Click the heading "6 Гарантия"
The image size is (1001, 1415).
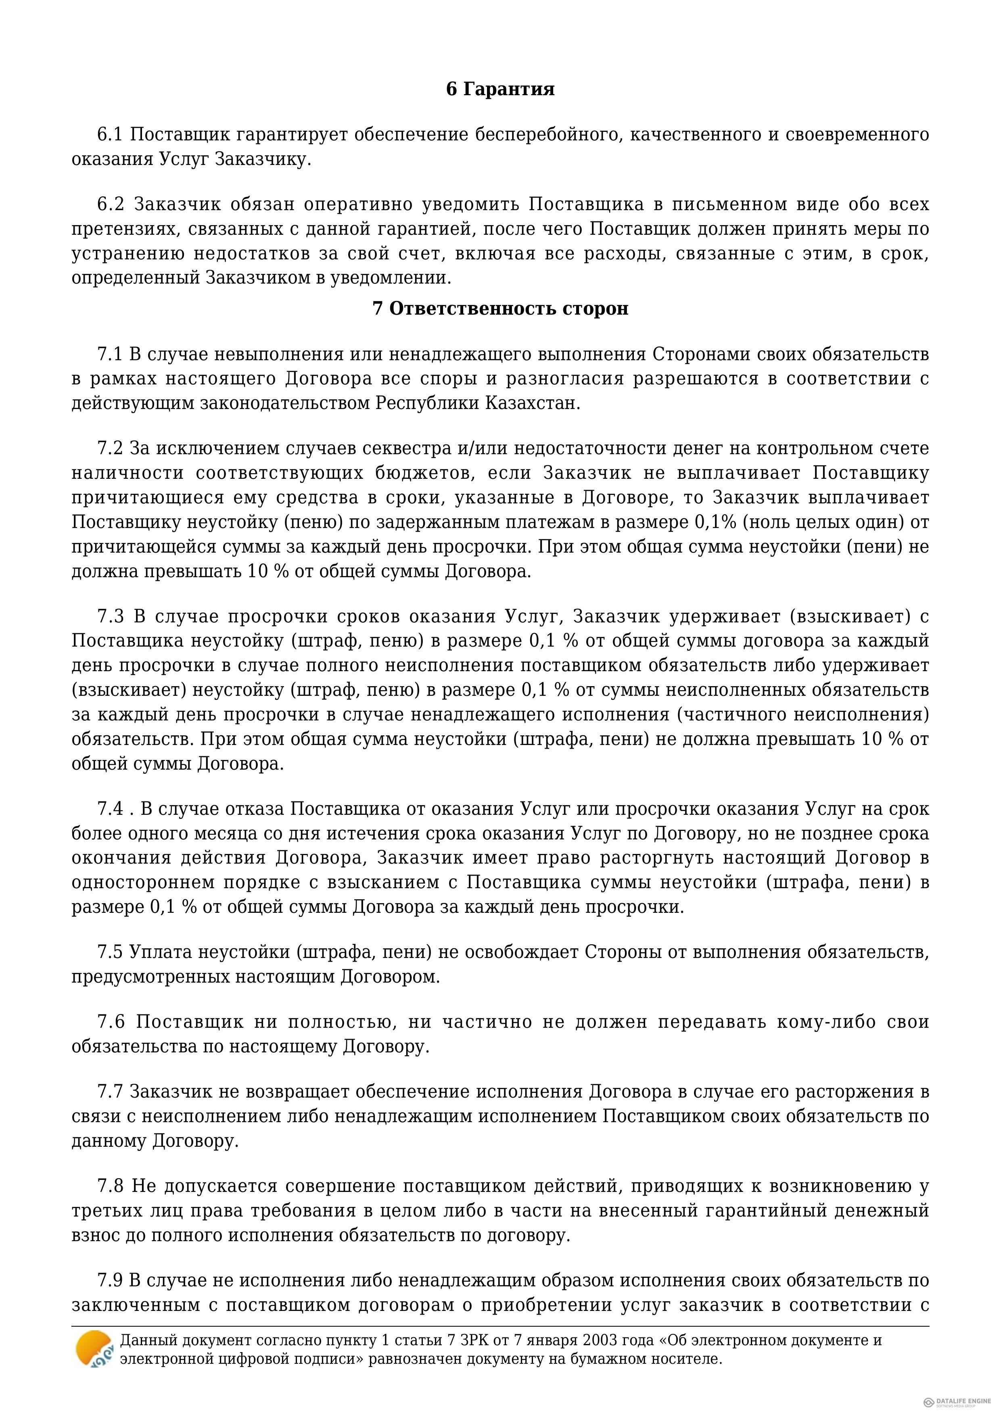pyautogui.click(x=500, y=90)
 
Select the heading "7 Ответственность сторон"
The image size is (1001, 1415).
pyautogui.click(x=500, y=308)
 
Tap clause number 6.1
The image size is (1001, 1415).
pyautogui.click(x=110, y=134)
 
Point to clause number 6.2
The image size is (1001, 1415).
pyautogui.click(x=111, y=204)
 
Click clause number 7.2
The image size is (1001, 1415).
pyautogui.click(x=110, y=448)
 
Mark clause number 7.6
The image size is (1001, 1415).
pyautogui.click(x=111, y=1022)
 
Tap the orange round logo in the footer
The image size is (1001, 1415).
pyautogui.click(x=94, y=1350)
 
